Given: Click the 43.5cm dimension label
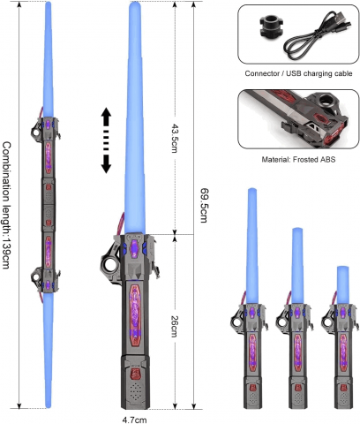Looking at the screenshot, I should (176, 136).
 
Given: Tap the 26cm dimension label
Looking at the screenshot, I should (176, 325).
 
